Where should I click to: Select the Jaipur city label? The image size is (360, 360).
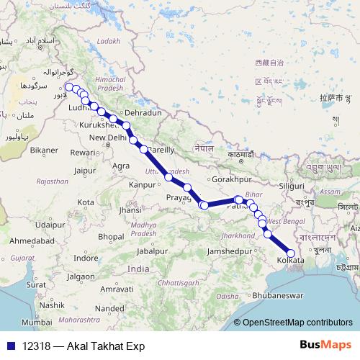pos(84,171)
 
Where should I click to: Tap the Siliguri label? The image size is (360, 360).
pos(292,186)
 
